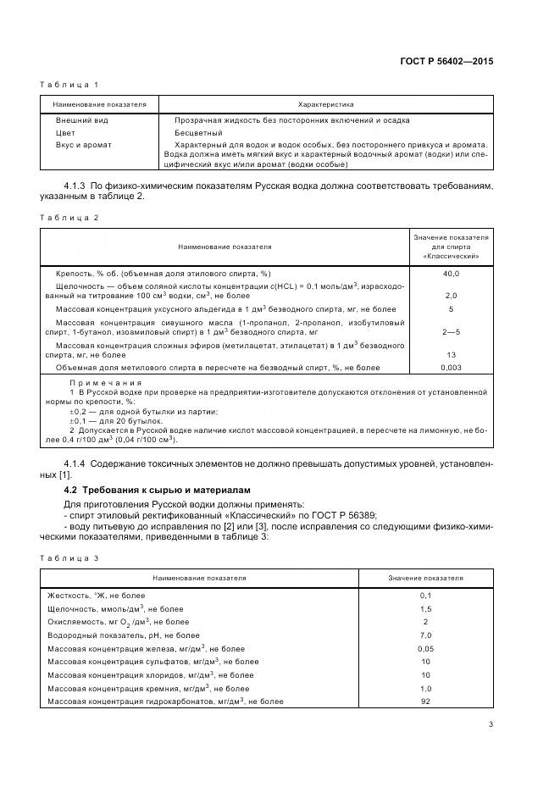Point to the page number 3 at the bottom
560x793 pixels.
click(x=491, y=724)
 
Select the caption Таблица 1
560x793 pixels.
click(x=70, y=85)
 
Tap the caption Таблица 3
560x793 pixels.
click(x=70, y=557)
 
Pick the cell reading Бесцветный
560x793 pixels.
click(x=198, y=133)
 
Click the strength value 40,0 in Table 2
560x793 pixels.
click(x=451, y=274)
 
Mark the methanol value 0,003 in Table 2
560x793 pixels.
click(x=451, y=367)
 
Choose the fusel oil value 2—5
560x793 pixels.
click(x=451, y=333)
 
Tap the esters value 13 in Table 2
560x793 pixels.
click(x=451, y=355)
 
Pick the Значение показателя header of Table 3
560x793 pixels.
click(x=425, y=578)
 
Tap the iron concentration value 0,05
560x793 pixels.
click(x=425, y=648)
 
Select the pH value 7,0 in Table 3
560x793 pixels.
click(x=425, y=635)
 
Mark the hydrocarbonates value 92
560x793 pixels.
click(x=425, y=701)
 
